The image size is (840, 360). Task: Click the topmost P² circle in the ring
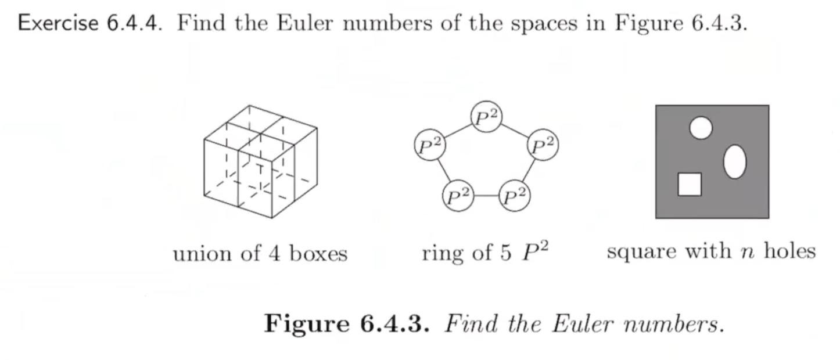point(486,117)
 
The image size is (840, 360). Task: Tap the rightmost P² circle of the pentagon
point(543,146)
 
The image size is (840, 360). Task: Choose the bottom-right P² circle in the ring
point(515,196)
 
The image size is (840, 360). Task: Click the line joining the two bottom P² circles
point(487,196)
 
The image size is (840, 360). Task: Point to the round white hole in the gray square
point(701,128)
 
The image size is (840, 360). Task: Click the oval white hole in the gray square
point(734,162)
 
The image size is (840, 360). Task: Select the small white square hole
point(690,184)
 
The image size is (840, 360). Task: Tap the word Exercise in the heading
point(57,23)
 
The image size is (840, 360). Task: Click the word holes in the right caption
point(789,251)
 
